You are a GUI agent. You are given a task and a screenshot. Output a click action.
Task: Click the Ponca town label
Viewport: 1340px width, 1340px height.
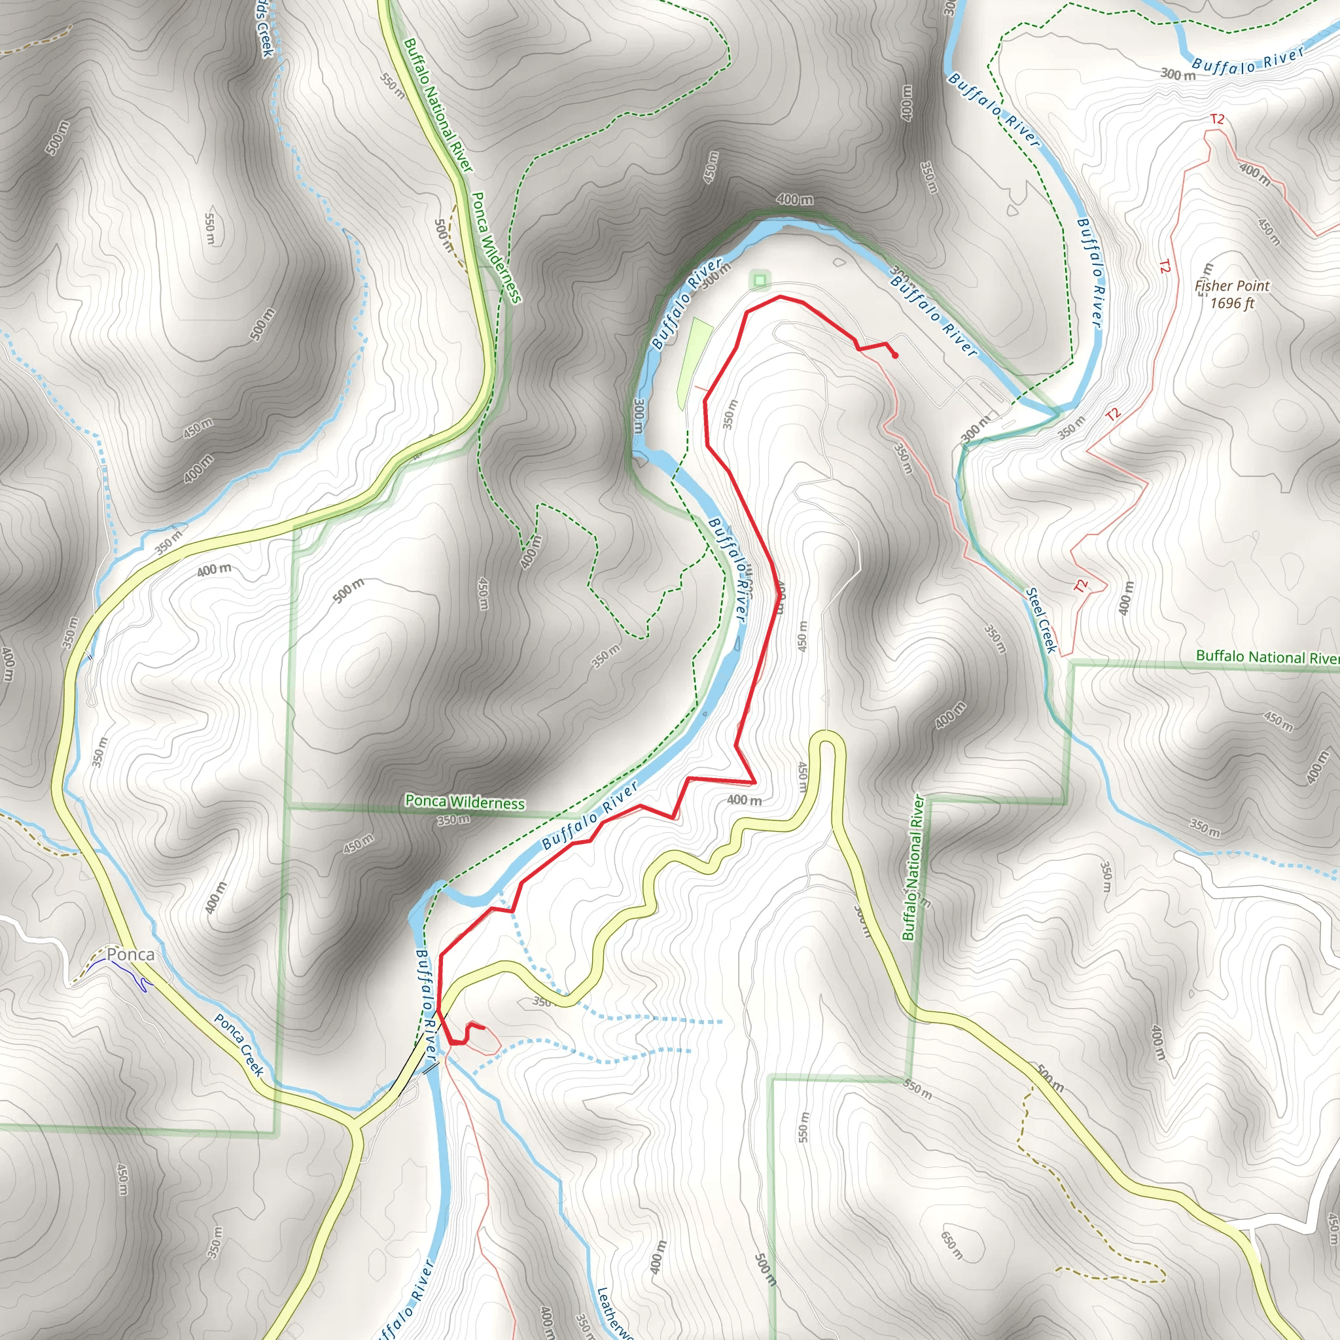click(x=130, y=955)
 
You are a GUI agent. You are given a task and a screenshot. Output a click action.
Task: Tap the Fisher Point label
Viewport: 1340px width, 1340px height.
click(x=1232, y=286)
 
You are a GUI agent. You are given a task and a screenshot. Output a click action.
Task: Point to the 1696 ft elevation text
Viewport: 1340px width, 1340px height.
click(x=1232, y=303)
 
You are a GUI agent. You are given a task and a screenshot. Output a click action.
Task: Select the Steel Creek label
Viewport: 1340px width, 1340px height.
click(x=1041, y=620)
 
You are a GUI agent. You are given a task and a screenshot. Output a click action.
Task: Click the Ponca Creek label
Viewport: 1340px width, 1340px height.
click(x=239, y=1044)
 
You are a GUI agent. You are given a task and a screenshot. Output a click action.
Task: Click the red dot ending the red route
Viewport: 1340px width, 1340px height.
click(x=896, y=356)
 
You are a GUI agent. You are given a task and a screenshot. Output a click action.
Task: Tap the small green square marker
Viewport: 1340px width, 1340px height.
click(x=760, y=280)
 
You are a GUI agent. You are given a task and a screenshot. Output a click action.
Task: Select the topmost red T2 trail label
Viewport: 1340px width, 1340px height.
click(x=1217, y=119)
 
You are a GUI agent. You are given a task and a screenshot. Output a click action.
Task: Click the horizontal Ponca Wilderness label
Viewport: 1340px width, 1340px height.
click(x=465, y=802)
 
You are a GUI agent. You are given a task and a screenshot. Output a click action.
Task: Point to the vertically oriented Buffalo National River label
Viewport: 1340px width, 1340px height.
click(x=913, y=867)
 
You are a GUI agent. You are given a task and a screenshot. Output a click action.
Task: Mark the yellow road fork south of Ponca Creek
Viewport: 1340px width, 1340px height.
click(x=355, y=1122)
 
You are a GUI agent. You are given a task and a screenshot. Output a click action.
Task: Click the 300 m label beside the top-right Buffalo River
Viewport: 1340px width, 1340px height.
click(x=1178, y=74)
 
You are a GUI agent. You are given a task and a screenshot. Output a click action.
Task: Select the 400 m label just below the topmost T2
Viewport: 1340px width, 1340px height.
click(x=1255, y=175)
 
